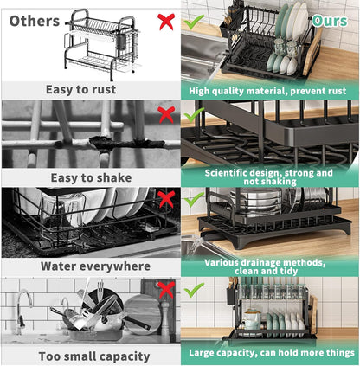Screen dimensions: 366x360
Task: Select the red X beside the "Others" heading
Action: point(165,20)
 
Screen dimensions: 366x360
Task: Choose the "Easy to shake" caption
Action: point(90,177)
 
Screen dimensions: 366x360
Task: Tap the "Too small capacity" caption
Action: point(90,356)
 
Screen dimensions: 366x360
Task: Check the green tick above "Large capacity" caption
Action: point(195,289)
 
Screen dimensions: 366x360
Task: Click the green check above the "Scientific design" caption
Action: point(195,113)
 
